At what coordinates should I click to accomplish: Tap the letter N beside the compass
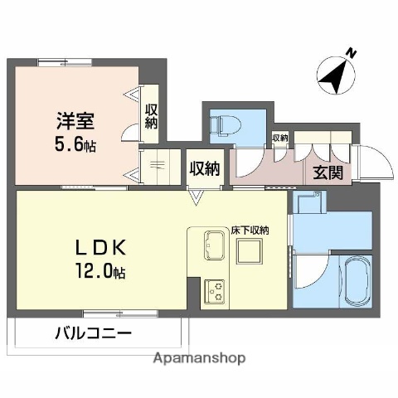coord(352,54)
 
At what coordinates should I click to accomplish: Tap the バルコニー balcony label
coord(93,335)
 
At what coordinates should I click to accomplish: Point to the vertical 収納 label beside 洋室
coord(151,117)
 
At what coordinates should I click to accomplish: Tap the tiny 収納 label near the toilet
coord(279,138)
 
